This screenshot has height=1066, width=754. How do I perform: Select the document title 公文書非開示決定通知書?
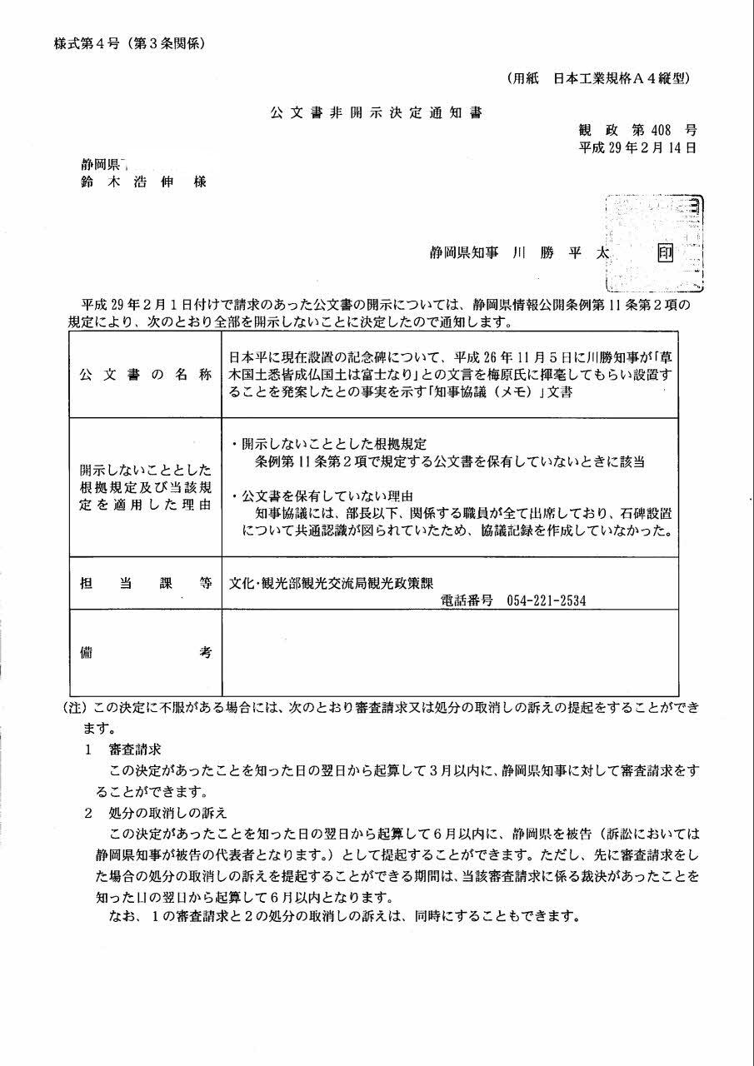point(375,112)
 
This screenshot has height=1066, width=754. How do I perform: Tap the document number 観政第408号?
point(637,130)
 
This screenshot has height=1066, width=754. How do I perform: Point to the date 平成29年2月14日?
point(637,147)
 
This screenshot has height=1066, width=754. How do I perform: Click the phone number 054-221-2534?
point(545,600)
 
